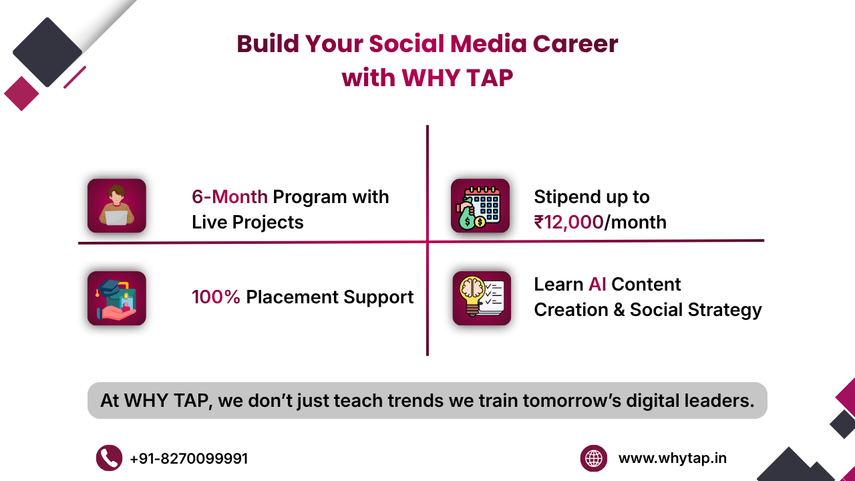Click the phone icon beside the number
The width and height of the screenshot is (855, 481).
[x=109, y=458]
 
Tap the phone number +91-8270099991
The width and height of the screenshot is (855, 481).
[x=189, y=459]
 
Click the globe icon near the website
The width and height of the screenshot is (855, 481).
[x=593, y=458]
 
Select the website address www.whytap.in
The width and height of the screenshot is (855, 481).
[x=672, y=458]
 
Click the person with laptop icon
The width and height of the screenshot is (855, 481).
[x=116, y=206]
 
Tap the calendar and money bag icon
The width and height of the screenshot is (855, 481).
[x=480, y=206]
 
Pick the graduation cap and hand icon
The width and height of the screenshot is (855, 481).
[x=116, y=298]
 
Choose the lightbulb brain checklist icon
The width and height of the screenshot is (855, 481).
[x=481, y=298]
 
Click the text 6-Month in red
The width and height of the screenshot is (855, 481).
[x=229, y=197]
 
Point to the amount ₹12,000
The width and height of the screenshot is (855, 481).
[x=568, y=222]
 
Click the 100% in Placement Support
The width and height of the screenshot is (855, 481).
[x=216, y=297]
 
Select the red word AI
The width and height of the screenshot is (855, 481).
[x=597, y=285]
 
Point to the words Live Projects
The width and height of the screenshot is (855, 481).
[x=247, y=222]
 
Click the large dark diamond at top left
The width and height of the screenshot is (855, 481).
[x=47, y=52]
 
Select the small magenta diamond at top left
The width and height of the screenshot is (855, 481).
[x=21, y=93]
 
